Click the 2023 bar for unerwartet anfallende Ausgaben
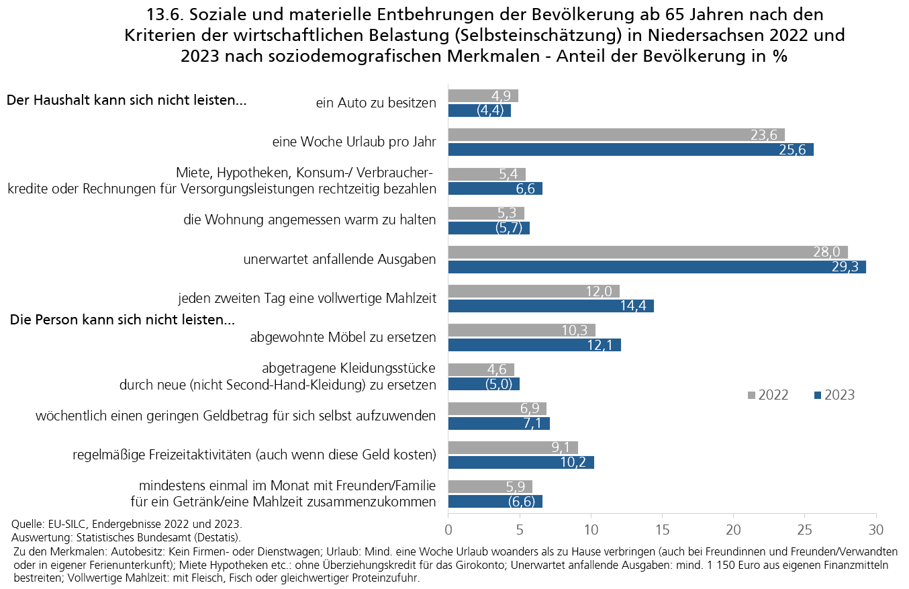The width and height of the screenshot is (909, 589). pos(657,267)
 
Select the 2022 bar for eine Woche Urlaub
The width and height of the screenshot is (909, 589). pos(616,135)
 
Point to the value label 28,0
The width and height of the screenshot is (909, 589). pos(826,252)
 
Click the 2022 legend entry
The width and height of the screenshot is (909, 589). pos(768,395)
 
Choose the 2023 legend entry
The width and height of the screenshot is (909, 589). pos(834,395)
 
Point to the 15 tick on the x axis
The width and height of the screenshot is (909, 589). pos(662,530)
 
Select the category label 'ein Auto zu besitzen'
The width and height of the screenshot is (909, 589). pos(376,103)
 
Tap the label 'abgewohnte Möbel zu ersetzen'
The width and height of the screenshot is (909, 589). pos(343,337)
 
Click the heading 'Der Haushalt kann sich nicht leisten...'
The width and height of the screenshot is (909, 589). pos(126,101)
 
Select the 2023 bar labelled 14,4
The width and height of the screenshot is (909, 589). pos(551,306)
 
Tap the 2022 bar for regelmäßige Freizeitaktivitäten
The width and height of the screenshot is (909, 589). pos(513,447)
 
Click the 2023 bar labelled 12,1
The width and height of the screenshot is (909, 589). pos(534,345)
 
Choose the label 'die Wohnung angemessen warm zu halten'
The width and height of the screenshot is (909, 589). pos(310,220)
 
